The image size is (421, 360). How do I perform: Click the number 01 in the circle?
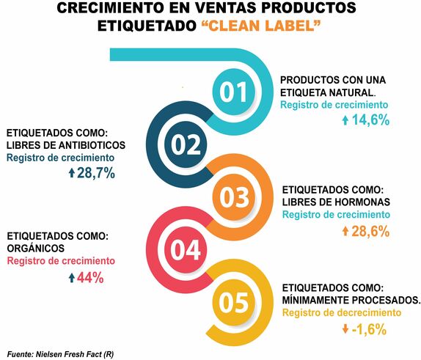tap(234, 92)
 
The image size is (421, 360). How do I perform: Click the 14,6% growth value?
tap(370, 120)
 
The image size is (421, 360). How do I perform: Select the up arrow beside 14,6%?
tap(345, 120)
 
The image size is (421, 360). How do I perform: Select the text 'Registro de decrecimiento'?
tap(341, 313)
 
